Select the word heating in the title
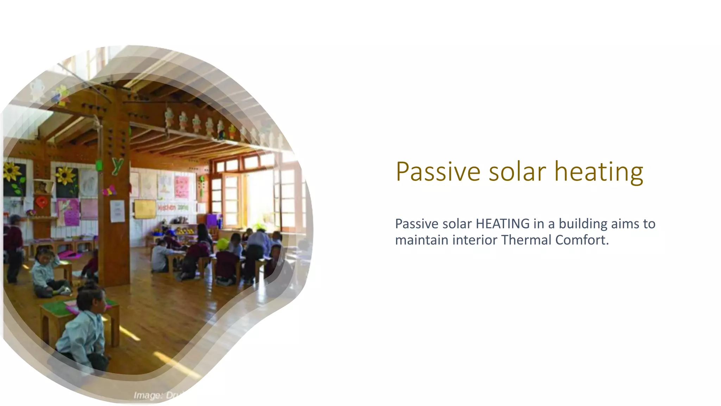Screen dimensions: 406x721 pos(598,172)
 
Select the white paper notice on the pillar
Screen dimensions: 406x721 pos(117,211)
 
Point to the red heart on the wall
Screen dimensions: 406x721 pos(42,202)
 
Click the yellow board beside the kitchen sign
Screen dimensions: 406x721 pos(145,209)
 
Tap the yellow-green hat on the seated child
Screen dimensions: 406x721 pos(222,244)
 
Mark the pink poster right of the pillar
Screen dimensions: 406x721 pos(182,187)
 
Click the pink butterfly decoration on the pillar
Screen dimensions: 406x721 pos(109,191)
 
